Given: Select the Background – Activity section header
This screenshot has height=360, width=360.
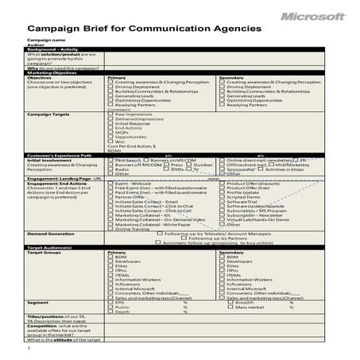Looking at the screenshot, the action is pyautogui.click(x=53, y=49).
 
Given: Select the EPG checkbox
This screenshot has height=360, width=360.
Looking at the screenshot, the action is pyautogui.click(x=110, y=303).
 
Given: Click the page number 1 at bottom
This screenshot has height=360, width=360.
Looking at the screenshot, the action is pyautogui.click(x=28, y=348).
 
